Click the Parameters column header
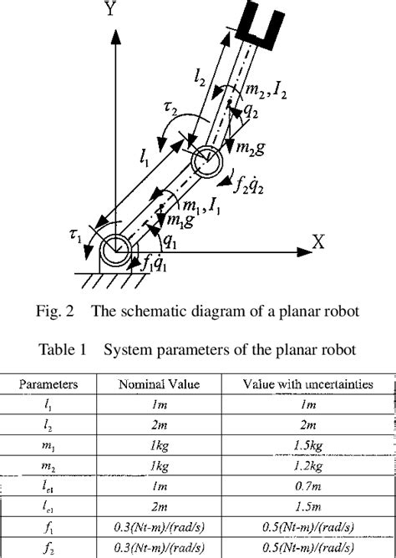50,385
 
